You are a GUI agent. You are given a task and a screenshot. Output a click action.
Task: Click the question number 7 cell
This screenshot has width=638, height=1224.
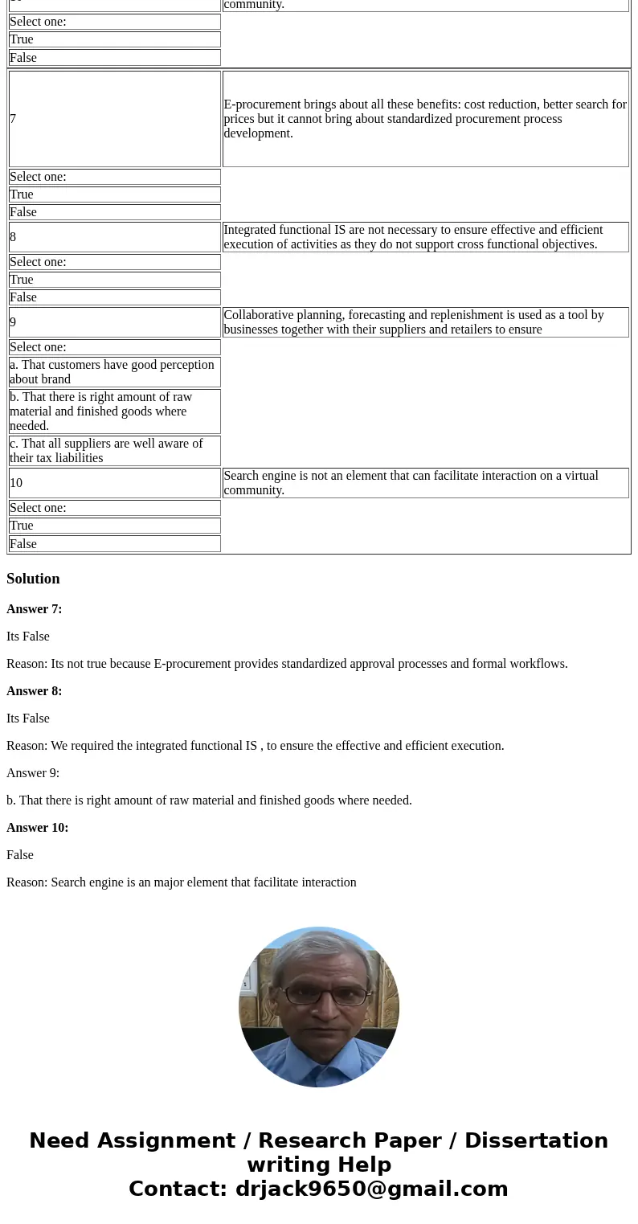[114, 119]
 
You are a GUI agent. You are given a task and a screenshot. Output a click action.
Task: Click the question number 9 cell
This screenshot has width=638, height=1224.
[114, 322]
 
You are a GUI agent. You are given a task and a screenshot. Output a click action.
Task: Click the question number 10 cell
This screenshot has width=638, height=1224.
[114, 483]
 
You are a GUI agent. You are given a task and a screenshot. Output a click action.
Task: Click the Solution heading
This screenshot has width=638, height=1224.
[33, 579]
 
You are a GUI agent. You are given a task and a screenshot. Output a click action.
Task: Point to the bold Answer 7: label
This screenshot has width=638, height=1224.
[35, 609]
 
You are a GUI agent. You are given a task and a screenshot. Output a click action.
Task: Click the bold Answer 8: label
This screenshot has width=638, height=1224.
[35, 691]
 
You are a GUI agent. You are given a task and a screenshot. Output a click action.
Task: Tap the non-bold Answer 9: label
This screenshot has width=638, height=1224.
[33, 773]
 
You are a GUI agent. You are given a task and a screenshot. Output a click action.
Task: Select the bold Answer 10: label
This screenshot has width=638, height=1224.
[38, 828]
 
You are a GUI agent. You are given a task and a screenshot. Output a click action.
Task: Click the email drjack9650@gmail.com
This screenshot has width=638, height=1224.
[371, 1189]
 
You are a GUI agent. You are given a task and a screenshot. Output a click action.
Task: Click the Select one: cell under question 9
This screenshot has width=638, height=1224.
[114, 347]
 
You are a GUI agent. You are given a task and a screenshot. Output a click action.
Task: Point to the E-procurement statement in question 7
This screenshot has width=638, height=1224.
[425, 119]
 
